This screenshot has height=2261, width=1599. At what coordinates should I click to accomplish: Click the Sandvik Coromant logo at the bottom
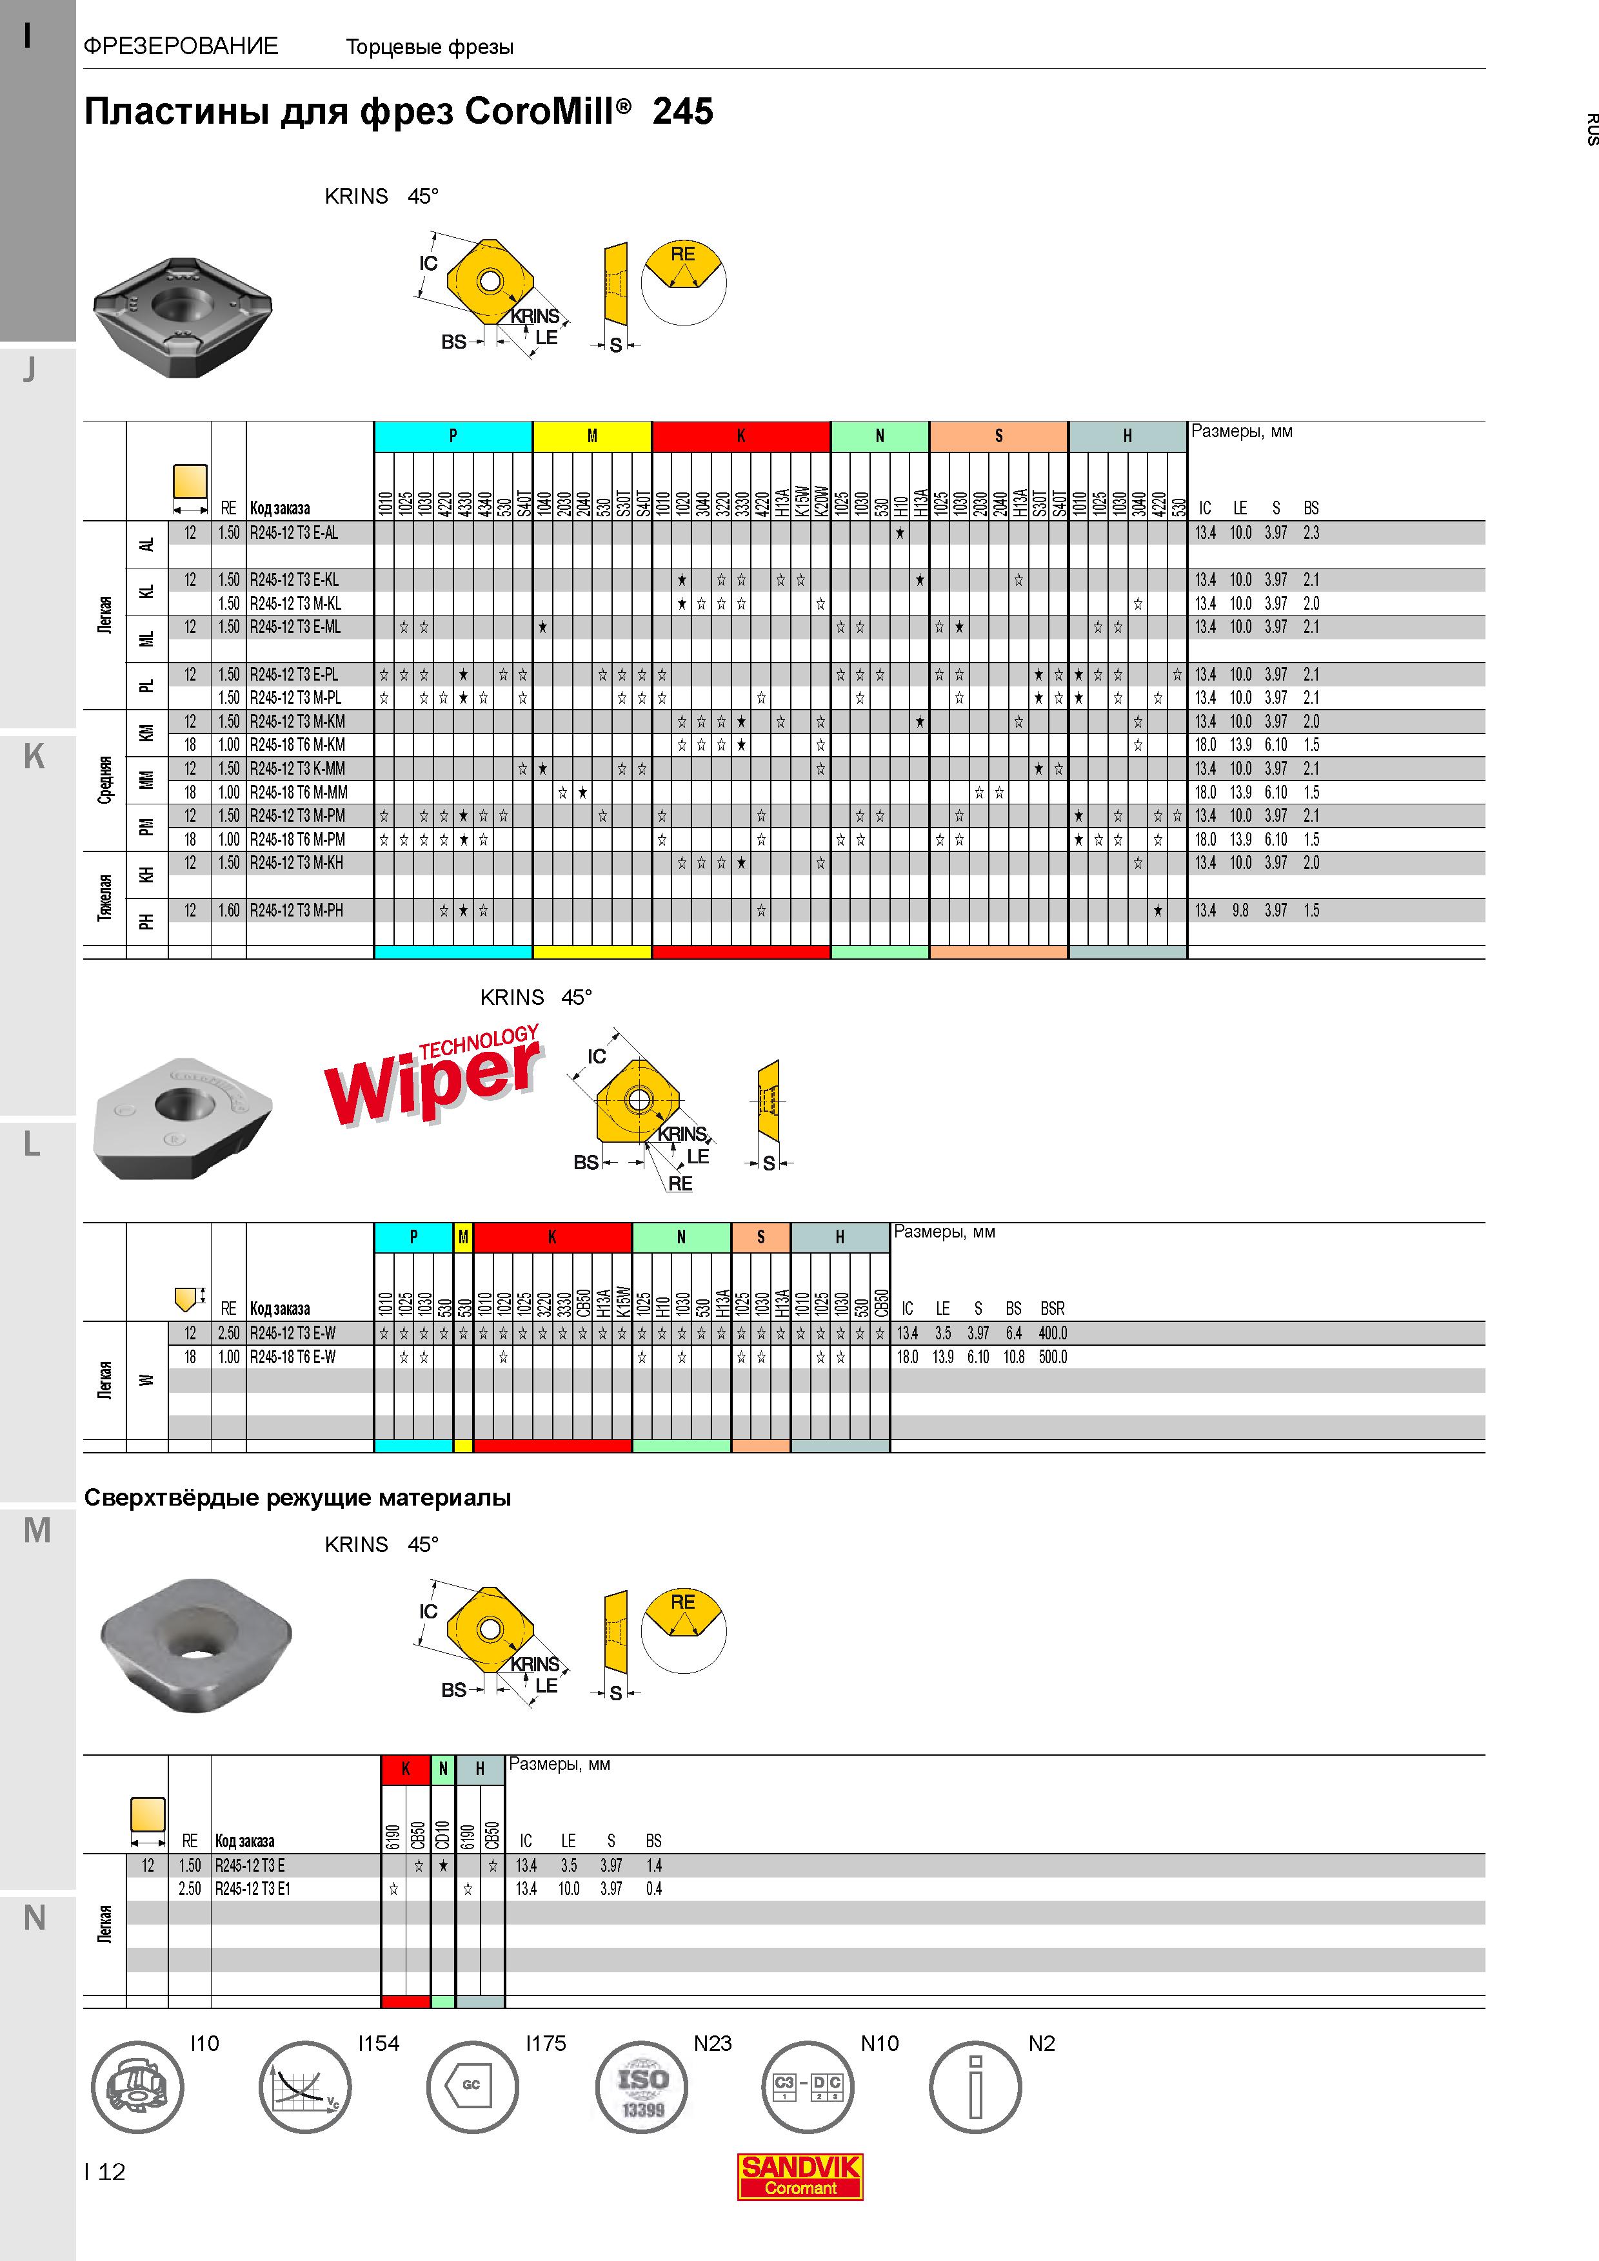[800, 2177]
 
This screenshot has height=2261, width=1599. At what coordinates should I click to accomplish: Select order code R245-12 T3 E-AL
[293, 533]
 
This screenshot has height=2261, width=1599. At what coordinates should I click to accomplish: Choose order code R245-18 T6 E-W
[293, 1357]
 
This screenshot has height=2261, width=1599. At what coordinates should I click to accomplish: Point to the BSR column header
[1052, 1309]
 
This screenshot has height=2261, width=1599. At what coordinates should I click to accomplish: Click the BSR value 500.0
[1052, 1357]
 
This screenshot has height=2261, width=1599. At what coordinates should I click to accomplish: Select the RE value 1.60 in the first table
[228, 911]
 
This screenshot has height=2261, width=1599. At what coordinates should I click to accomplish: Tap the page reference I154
[379, 2043]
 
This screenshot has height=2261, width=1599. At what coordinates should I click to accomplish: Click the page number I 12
[105, 2171]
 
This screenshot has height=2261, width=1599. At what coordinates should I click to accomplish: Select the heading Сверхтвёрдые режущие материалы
[297, 1498]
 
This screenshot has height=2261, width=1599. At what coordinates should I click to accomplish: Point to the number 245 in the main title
[683, 112]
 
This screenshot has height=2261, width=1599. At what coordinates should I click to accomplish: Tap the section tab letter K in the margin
[34, 756]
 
